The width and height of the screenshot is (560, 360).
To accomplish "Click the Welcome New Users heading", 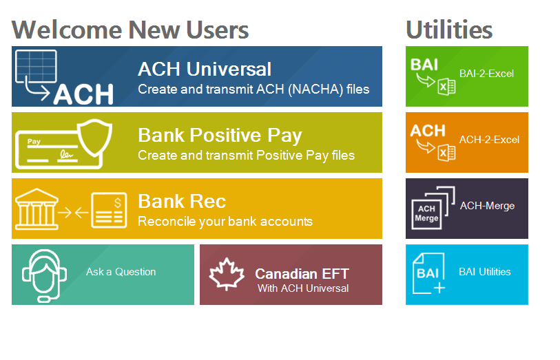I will (130, 30).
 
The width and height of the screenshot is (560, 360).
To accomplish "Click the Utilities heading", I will (448, 30).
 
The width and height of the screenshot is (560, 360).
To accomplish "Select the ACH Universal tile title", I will (205, 69).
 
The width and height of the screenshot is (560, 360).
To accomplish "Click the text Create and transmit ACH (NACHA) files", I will (253, 89).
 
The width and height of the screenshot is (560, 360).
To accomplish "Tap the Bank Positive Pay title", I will (220, 135).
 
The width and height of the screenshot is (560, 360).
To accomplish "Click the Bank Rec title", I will (182, 201).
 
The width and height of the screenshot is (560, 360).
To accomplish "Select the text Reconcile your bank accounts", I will (225, 222).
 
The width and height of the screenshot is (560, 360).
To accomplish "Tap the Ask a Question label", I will (121, 272).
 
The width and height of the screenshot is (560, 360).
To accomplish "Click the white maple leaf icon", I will (227, 275).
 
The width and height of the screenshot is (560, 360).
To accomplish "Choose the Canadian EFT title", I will (302, 274).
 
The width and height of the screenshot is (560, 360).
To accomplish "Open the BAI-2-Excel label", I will (486, 74).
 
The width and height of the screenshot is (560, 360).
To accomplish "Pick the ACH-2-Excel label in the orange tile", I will (489, 140).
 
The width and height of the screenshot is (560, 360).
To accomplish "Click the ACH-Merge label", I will (487, 206).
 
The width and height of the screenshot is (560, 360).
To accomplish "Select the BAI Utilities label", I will (485, 272).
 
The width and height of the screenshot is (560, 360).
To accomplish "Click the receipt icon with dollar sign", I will (109, 209).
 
